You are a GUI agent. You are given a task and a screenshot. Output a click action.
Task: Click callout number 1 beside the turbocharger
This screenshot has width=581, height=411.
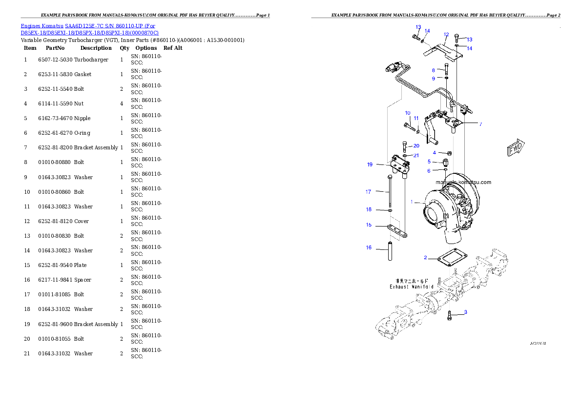point(412,202)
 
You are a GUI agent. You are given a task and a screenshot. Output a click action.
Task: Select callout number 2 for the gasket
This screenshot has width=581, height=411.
point(426,257)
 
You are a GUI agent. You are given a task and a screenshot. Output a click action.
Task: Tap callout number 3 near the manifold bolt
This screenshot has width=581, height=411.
point(465,312)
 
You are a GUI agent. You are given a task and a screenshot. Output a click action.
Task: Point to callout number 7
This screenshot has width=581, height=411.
point(480,124)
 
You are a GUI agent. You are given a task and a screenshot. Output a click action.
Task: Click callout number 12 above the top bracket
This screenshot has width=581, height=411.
point(446,35)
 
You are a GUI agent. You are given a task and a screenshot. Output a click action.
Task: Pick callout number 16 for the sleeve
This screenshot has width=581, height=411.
point(369,247)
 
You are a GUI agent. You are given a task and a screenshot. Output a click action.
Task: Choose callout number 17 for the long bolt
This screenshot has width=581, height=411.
point(369,192)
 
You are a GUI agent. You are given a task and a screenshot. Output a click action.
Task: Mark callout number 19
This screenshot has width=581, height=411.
point(370,164)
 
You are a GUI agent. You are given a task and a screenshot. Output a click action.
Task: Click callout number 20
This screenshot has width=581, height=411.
point(416,145)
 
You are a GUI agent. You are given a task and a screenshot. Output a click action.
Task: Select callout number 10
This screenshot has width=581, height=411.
point(408,113)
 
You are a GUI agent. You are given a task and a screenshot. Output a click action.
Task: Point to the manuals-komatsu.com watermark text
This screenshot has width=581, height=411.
point(463,183)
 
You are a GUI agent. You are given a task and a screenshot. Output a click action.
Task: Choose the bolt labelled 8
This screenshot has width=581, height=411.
point(447,68)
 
